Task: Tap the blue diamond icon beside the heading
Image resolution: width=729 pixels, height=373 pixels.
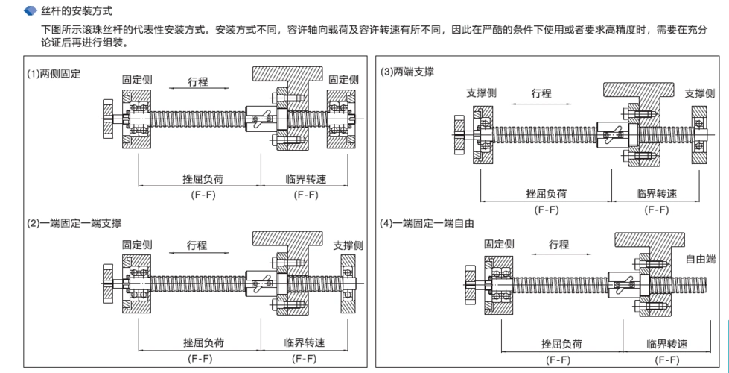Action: pyautogui.click(x=30, y=10)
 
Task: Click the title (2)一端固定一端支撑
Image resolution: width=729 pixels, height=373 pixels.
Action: pyautogui.click(x=75, y=223)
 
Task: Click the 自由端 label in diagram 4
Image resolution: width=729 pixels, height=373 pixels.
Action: pyautogui.click(x=700, y=258)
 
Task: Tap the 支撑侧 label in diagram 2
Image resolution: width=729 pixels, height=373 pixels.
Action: pyautogui.click(x=348, y=245)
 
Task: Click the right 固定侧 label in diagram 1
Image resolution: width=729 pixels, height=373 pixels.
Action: pyautogui.click(x=343, y=79)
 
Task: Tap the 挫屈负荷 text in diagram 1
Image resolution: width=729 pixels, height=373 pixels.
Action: pyautogui.click(x=204, y=179)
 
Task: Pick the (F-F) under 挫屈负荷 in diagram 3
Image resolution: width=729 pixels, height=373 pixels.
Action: pyautogui.click(x=547, y=210)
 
